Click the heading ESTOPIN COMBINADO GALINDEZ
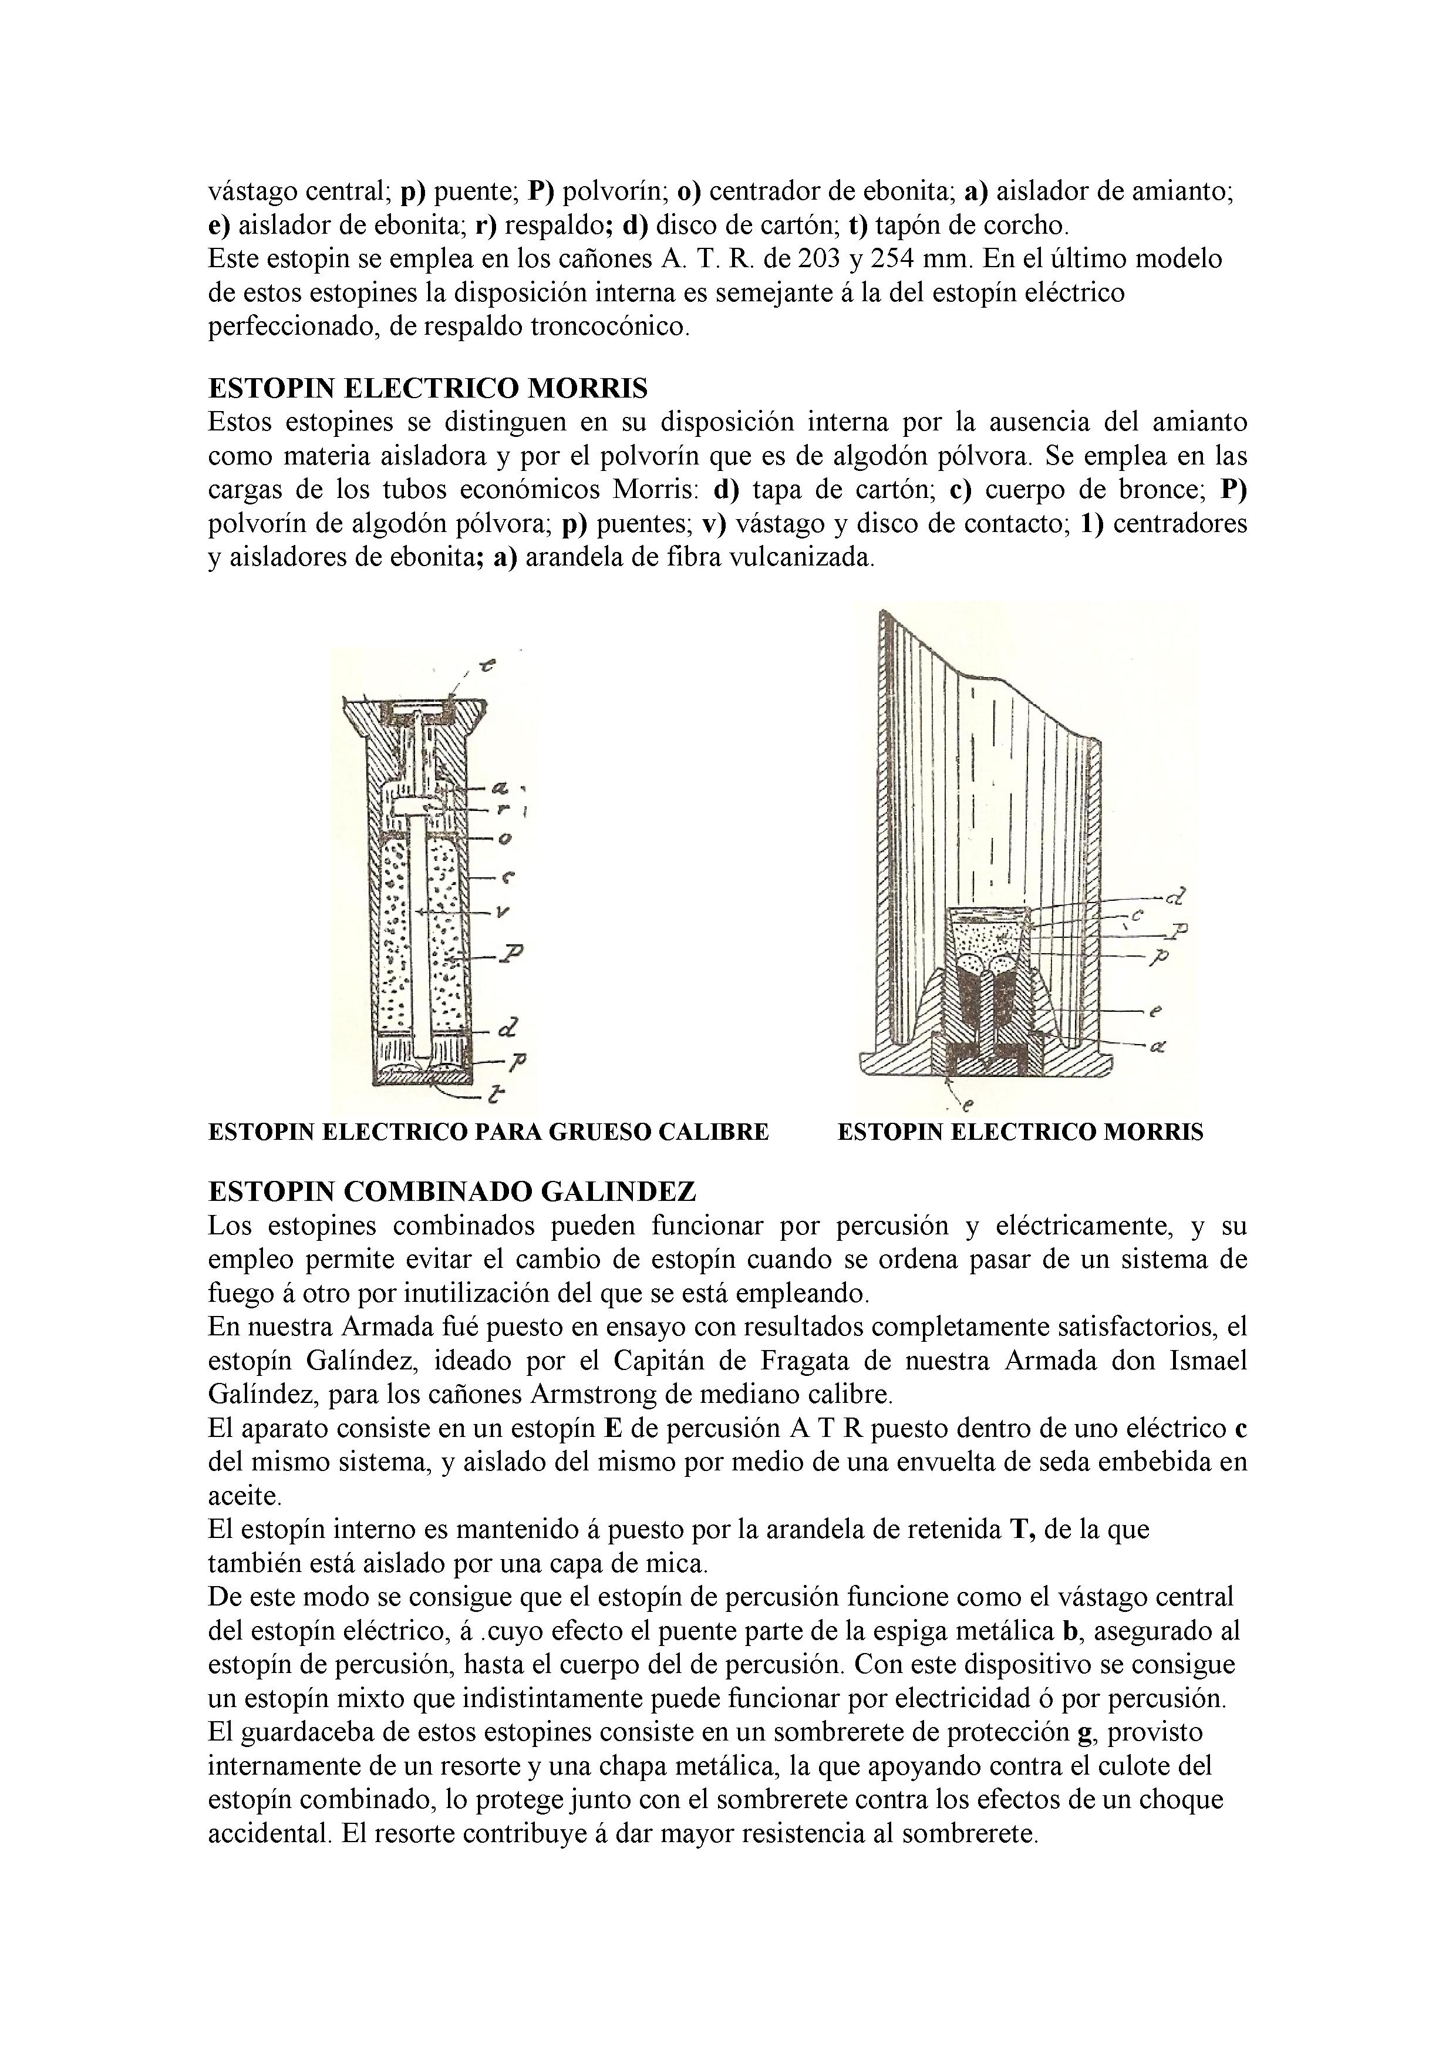point(451,1191)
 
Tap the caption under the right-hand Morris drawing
point(1020,1132)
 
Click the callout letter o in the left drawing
point(504,839)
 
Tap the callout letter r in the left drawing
point(505,809)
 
